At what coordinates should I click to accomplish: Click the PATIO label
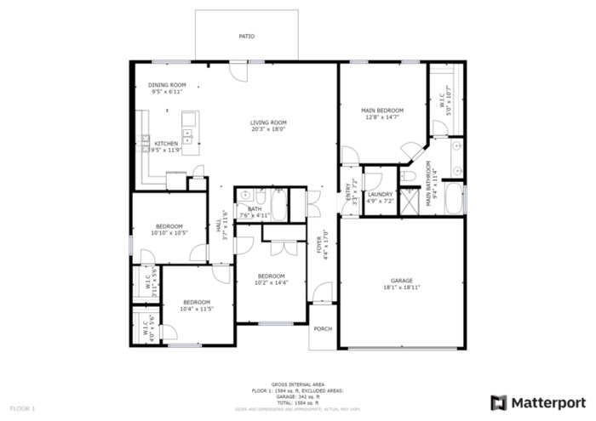(246, 37)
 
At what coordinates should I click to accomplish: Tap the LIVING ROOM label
(267, 122)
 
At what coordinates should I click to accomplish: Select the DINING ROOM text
(167, 85)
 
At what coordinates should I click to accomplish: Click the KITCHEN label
(166, 144)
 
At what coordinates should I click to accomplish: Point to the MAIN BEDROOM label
(381, 111)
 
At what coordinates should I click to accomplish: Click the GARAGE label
(402, 281)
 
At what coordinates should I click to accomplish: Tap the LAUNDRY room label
(380, 194)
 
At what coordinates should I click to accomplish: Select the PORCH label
(323, 329)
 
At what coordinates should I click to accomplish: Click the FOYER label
(320, 244)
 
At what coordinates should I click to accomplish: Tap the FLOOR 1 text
(22, 409)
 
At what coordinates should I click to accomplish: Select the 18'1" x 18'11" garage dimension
(402, 287)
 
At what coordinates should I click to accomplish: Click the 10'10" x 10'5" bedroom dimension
(168, 233)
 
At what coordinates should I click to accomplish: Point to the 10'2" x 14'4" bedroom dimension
(271, 282)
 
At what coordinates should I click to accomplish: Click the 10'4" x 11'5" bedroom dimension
(196, 309)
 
